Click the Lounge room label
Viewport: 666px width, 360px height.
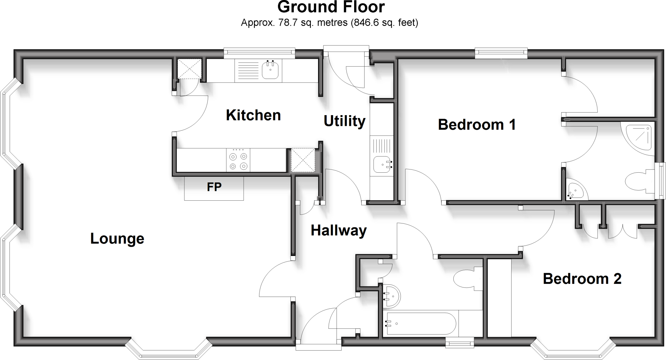coord(117,239)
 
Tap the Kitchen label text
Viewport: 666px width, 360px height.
coord(253,115)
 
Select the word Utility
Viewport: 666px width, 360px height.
coord(344,121)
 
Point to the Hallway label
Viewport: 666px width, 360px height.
coord(339,231)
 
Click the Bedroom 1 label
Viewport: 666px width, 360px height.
coord(477,125)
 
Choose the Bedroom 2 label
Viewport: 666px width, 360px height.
coord(582,279)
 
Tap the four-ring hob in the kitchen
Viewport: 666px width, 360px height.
coord(238,160)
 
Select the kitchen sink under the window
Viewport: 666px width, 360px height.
coord(270,71)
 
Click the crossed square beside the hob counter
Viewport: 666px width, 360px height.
coord(303,160)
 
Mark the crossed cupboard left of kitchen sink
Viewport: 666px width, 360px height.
coord(189,69)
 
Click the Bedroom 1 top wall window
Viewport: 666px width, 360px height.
coord(501,53)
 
